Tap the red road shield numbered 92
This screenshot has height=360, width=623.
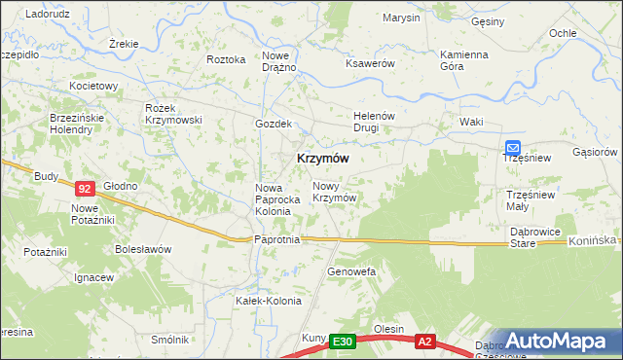[85, 189]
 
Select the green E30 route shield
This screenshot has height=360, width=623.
[342, 342]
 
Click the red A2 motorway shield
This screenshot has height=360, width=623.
[424, 342]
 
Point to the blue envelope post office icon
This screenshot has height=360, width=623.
[512, 145]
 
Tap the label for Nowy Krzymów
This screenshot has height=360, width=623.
[333, 191]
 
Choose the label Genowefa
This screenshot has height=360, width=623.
[351, 271]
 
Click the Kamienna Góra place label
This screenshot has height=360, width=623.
[463, 60]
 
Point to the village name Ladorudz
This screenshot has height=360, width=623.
[45, 14]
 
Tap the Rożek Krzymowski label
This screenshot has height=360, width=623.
[171, 113]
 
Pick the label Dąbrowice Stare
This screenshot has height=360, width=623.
[536, 237]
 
